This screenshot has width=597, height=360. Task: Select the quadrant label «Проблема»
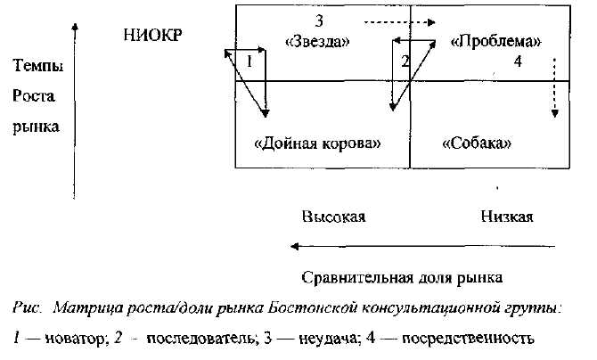click(496, 41)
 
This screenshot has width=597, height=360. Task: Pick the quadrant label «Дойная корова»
click(318, 143)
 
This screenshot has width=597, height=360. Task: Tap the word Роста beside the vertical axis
click(33, 95)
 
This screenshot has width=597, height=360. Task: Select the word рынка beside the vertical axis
click(36, 127)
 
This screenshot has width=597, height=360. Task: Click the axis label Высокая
click(333, 217)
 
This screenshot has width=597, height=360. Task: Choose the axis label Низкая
click(507, 217)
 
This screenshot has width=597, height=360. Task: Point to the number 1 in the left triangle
click(250, 63)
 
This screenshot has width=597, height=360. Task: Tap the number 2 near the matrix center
click(405, 61)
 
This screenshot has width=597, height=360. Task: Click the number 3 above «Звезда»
click(318, 20)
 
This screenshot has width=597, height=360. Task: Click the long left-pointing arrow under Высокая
click(419, 247)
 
